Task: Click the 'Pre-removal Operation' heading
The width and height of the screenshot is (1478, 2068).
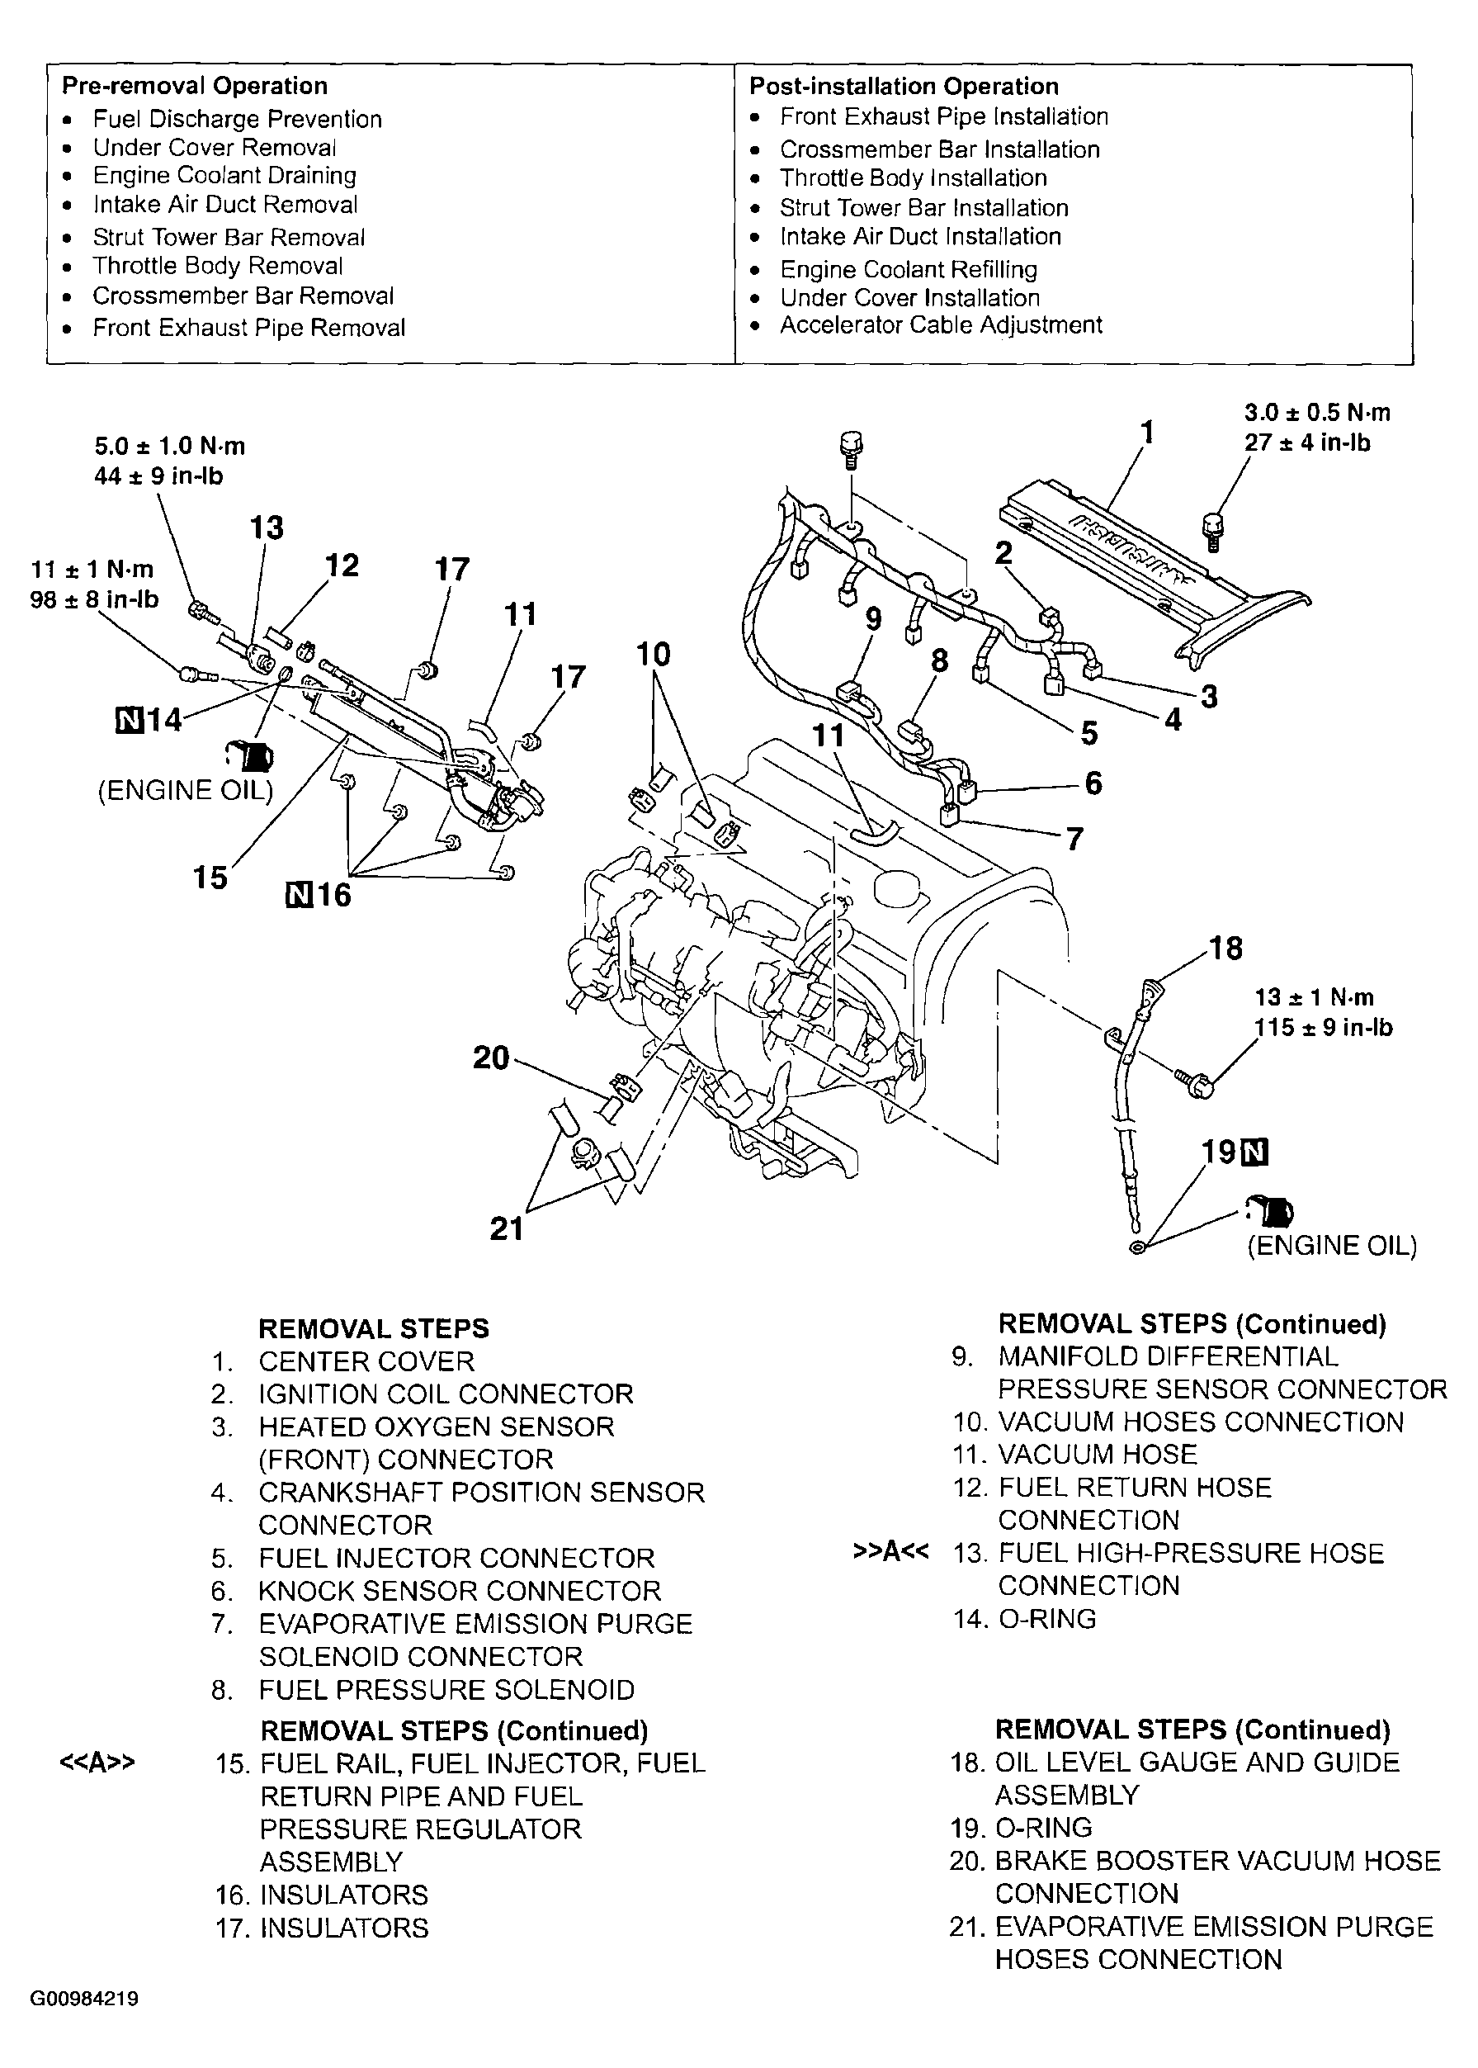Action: pyautogui.click(x=194, y=86)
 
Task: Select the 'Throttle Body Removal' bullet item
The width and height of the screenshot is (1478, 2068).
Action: pyautogui.click(x=218, y=266)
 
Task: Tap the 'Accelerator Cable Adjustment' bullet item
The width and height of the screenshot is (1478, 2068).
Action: pyautogui.click(x=940, y=325)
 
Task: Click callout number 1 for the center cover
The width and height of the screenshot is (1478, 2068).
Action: pyautogui.click(x=1147, y=431)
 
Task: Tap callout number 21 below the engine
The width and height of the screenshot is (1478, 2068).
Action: pyautogui.click(x=507, y=1228)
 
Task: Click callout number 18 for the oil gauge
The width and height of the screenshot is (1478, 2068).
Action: pyautogui.click(x=1226, y=949)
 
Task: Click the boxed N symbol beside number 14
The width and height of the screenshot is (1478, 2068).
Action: pyautogui.click(x=130, y=720)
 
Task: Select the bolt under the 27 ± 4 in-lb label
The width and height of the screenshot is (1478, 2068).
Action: pyautogui.click(x=1214, y=531)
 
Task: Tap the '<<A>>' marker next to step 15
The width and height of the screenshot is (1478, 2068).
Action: pyautogui.click(x=97, y=1763)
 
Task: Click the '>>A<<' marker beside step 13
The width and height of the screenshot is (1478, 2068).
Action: pyautogui.click(x=891, y=1551)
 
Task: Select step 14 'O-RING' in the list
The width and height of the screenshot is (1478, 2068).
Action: pyautogui.click(x=1046, y=1618)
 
